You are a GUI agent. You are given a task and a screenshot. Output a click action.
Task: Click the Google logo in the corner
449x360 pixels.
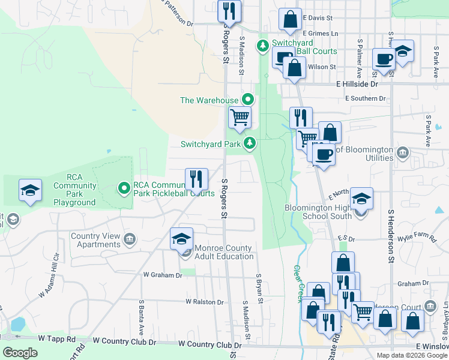(x=20, y=353)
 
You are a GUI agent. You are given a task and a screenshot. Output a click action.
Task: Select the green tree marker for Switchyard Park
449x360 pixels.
(x=250, y=143)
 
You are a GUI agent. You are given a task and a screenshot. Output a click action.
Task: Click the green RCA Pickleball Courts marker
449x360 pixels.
(x=124, y=188)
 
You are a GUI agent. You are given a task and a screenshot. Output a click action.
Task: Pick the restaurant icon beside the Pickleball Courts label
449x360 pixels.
(x=196, y=178)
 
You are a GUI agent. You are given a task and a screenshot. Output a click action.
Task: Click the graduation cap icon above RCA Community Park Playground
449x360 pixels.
(x=30, y=190)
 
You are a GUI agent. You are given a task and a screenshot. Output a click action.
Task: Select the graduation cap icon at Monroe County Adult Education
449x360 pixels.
(x=181, y=239)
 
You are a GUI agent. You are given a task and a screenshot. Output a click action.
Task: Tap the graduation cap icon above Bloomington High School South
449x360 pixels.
(x=362, y=198)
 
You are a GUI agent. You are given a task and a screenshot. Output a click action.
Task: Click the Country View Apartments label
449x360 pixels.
(x=96, y=240)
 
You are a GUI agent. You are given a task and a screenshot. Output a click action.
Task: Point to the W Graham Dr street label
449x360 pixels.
(x=162, y=275)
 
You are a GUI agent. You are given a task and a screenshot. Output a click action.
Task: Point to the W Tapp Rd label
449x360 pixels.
(x=56, y=339)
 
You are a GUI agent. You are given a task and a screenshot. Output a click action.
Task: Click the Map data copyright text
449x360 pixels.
(x=412, y=355)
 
